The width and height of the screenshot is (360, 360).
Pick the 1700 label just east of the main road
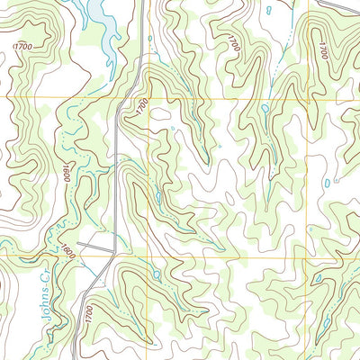pos(141,105)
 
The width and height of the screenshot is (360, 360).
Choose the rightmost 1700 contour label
pos(322,49)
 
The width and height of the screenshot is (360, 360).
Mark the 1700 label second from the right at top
pos(234,42)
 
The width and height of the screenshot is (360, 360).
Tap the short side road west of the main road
pos(94,244)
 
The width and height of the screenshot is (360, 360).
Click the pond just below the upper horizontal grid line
pos(264,109)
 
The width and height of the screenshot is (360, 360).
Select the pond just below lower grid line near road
pos(156,273)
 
